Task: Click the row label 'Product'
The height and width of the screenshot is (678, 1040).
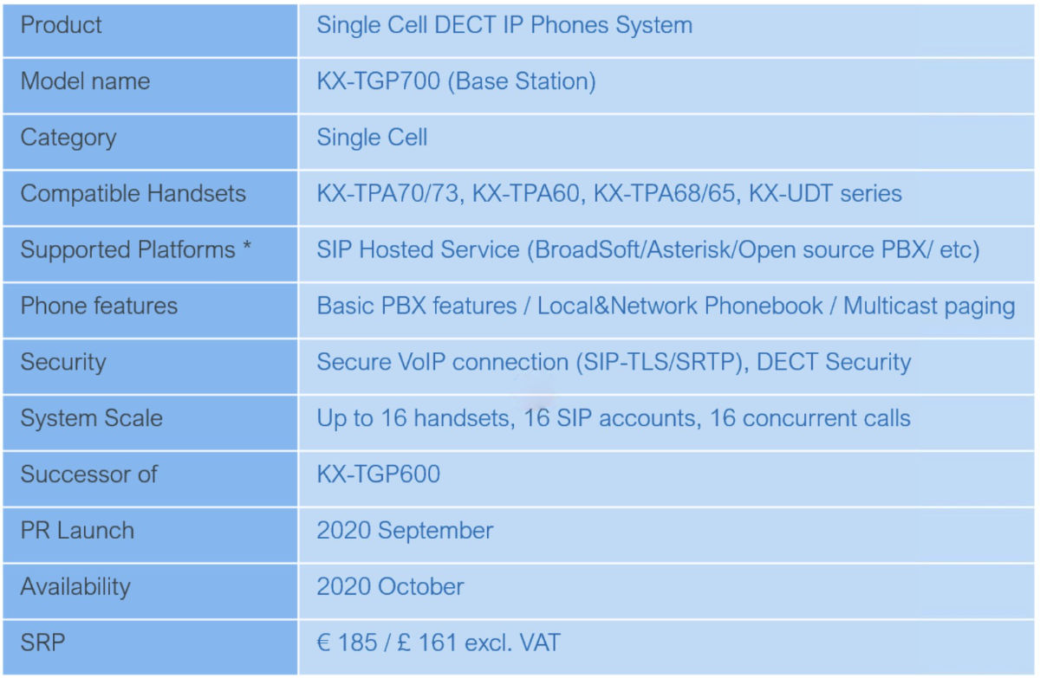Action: point(61,25)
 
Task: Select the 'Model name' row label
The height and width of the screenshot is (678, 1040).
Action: point(86,81)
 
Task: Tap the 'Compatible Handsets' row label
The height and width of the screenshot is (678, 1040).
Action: point(133,193)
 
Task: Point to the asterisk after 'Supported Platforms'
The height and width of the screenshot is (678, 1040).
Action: point(246,246)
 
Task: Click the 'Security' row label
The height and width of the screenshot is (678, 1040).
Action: point(63,362)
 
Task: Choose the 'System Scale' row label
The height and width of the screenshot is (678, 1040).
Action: point(92,418)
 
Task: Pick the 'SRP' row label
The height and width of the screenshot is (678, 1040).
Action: point(42,642)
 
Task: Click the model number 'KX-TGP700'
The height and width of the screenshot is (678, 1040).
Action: point(379,81)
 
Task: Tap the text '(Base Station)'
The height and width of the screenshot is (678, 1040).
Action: point(522,81)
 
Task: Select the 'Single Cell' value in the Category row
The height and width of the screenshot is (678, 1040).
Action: point(372,138)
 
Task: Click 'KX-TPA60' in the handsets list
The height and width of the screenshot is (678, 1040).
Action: point(526,193)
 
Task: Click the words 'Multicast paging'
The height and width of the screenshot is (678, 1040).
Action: point(929,307)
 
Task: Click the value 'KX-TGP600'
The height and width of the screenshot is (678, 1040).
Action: point(379,474)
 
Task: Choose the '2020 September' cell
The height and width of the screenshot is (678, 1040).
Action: point(405,531)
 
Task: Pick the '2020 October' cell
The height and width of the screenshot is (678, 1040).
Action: point(391,586)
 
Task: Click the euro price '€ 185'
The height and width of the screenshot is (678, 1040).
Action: point(347,642)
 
